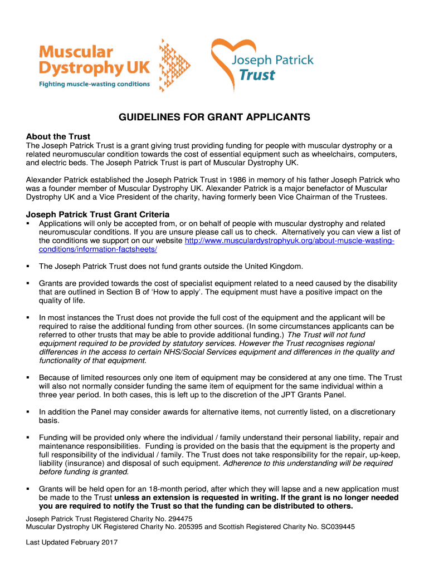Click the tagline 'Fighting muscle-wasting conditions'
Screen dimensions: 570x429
pyautogui.click(x=94, y=84)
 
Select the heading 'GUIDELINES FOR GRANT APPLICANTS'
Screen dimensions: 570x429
pyautogui.click(x=214, y=118)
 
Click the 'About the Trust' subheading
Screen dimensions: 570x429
pyautogui.click(x=58, y=136)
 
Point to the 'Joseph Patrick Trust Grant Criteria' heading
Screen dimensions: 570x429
pyautogui.click(x=98, y=214)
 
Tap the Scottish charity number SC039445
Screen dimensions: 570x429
pyautogui.click(x=333, y=526)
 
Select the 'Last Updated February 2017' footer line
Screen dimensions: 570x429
pyautogui.click(x=72, y=542)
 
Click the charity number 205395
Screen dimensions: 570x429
pyautogui.click(x=184, y=526)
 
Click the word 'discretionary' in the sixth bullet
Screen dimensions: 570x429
pyautogui.click(x=369, y=412)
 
